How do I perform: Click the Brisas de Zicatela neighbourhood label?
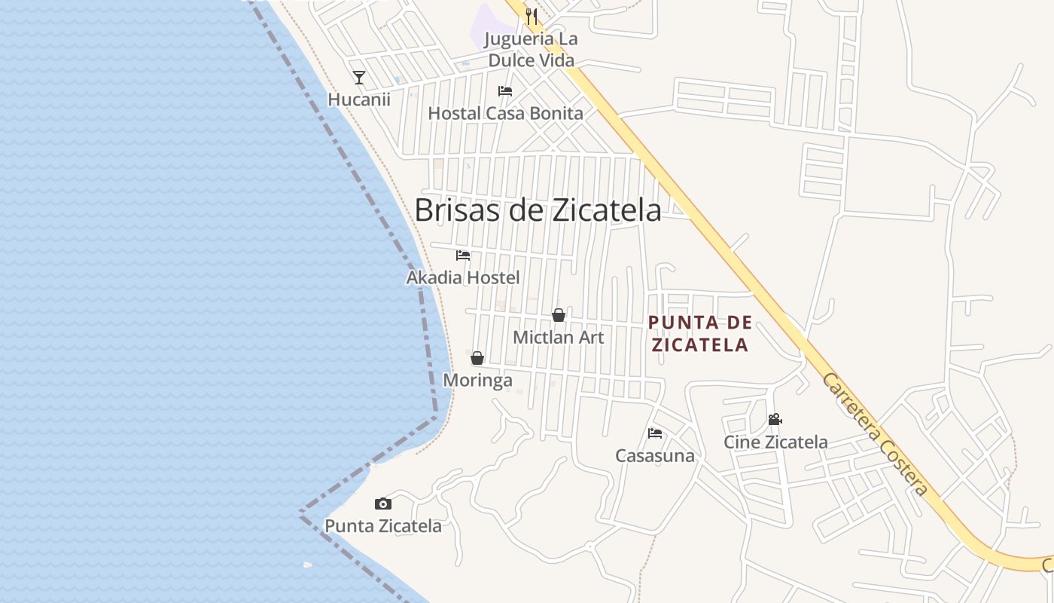coord(538,210)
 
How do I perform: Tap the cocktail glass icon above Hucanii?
coord(359,77)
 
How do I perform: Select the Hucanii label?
coord(359,99)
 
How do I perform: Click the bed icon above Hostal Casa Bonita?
coord(505,91)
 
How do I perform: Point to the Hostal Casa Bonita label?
coord(505,113)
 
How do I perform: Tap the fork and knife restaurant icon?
coord(532,16)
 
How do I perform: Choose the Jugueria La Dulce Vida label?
coord(531,49)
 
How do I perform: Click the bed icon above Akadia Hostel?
coord(463,256)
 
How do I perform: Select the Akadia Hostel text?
coord(463,277)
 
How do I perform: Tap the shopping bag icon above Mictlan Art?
coord(559,315)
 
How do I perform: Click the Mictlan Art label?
coord(559,337)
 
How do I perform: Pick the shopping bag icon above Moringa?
coord(477,358)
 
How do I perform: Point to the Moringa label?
coord(477,380)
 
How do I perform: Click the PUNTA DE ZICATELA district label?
coord(700,334)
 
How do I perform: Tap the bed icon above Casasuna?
coord(655,433)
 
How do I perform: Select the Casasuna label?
coord(655,455)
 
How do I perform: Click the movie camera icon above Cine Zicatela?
coord(775,420)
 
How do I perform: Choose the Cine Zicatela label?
coord(775,442)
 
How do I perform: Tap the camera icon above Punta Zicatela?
coord(383,504)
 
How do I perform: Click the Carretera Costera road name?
coord(875,434)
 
